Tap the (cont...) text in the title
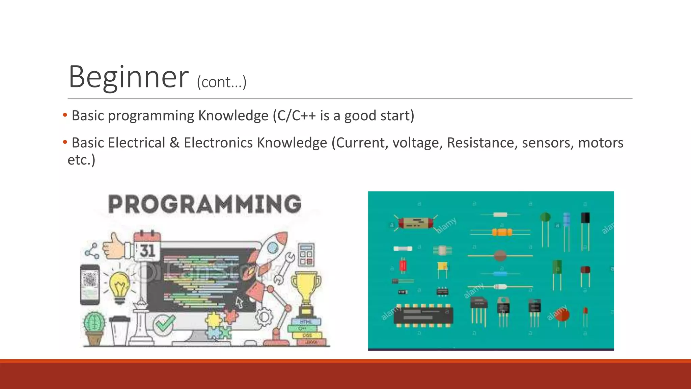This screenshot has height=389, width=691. pyautogui.click(x=222, y=82)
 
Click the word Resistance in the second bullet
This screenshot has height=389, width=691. pyautogui.click(x=482, y=142)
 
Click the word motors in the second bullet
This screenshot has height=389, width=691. pyautogui.click(x=601, y=142)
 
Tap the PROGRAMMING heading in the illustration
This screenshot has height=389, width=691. pyautogui.click(x=204, y=204)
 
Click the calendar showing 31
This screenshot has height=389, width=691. pyautogui.click(x=147, y=247)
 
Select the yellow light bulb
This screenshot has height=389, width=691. pyautogui.click(x=119, y=285)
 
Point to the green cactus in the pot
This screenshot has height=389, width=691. pyautogui.click(x=94, y=324)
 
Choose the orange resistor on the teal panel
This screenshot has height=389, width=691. pyautogui.click(x=502, y=232)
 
